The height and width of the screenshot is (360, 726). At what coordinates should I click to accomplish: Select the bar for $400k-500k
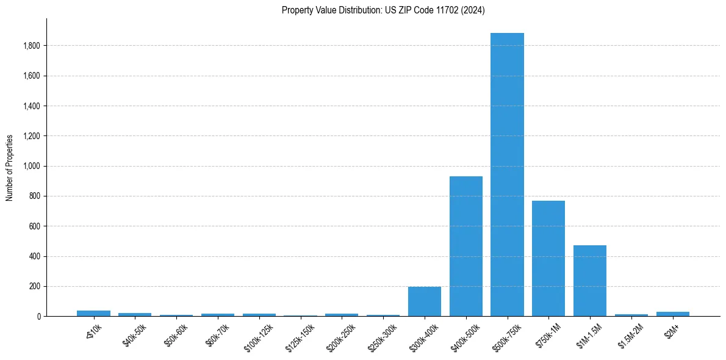pos(465,247)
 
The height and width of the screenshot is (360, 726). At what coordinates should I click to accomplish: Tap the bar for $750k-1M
pos(548,259)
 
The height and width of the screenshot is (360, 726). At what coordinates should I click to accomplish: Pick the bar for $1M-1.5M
pos(590,281)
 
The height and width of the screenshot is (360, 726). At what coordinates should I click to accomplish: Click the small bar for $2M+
pos(672,314)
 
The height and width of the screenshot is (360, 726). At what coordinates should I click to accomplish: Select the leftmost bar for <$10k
pos(93,313)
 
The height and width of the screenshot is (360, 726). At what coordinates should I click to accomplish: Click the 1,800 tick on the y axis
pos(32,46)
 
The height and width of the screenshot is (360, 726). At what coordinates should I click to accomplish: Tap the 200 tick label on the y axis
pos(35,286)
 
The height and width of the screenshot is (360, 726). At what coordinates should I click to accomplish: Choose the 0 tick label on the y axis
pos(38,317)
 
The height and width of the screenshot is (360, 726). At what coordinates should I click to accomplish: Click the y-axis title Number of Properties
pos(10,168)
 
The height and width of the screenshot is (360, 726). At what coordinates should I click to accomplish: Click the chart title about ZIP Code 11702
pos(383,10)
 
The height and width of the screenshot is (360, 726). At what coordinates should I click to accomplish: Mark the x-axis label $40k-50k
pos(134,334)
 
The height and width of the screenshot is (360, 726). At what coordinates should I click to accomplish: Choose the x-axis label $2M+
pos(671,332)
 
